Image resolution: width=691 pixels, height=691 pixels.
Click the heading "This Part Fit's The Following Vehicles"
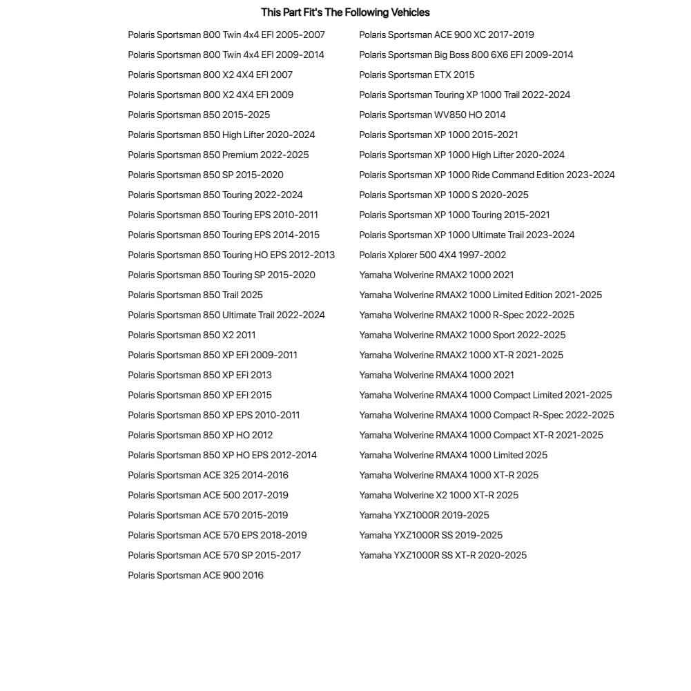[x=345, y=12]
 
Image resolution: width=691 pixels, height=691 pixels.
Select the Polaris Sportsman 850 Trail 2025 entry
[x=195, y=295]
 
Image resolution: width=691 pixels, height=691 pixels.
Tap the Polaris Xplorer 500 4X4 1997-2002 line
[x=432, y=255]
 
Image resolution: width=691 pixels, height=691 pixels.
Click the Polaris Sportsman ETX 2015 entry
[x=417, y=75]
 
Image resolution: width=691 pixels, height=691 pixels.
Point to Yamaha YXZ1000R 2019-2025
[x=424, y=515]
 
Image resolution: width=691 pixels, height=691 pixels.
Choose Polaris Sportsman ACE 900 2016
[x=195, y=575]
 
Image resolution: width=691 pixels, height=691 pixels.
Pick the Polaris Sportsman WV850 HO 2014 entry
[x=432, y=115]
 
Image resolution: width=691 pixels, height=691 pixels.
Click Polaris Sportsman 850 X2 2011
[x=191, y=335]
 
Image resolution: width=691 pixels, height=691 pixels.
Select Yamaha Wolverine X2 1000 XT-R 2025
[x=438, y=495]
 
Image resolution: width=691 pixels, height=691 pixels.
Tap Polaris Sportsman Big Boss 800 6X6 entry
[x=466, y=55]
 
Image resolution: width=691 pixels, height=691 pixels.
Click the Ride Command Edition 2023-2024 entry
[x=487, y=175]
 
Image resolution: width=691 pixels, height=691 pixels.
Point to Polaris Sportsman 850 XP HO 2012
[x=200, y=435]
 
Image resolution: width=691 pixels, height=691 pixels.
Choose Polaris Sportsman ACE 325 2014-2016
[x=208, y=475]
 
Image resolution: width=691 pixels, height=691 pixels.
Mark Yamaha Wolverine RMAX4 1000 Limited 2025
[x=453, y=455]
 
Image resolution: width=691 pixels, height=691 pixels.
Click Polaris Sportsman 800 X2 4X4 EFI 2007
[x=210, y=75]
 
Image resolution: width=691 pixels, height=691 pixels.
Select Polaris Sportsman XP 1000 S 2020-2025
[x=444, y=195]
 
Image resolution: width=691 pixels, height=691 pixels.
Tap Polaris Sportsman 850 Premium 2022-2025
[x=218, y=155]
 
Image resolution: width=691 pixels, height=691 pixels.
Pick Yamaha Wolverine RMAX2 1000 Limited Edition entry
[x=480, y=295]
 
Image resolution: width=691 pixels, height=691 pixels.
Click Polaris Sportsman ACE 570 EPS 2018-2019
[x=217, y=535]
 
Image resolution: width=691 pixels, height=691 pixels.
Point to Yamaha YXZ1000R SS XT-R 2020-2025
[x=442, y=555]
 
